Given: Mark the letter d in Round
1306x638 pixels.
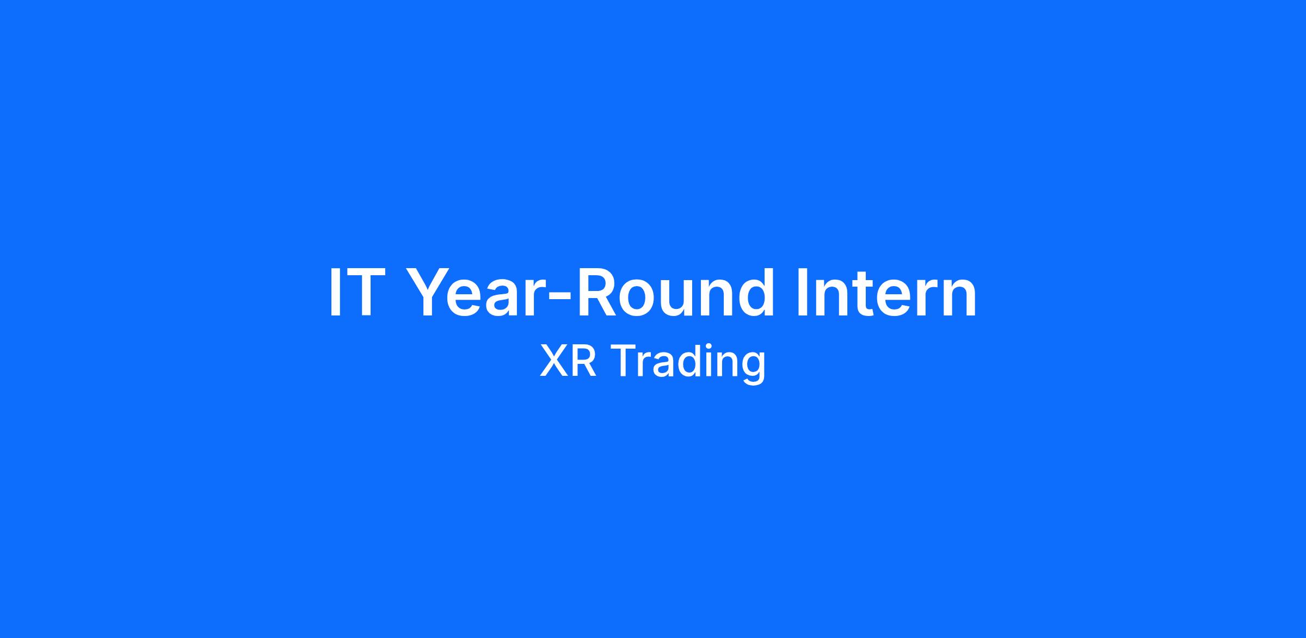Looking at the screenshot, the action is (756, 293).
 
